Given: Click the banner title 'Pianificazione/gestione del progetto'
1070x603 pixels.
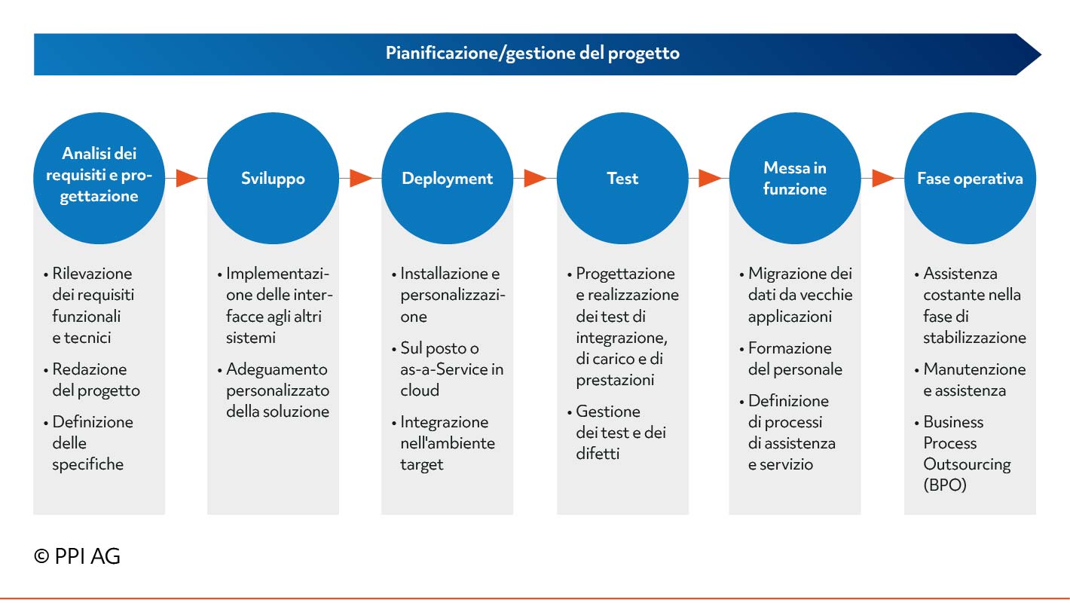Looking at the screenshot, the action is pos(532,53).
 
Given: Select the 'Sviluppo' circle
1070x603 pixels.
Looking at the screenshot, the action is pos(274,178).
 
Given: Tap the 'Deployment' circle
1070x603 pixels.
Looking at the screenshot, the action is pos(447,178).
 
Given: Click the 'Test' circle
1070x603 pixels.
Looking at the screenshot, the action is pos(622,178).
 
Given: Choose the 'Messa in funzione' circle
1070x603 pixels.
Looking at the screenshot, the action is pos(795,178).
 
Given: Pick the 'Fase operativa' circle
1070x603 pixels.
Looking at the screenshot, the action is pos(971,178).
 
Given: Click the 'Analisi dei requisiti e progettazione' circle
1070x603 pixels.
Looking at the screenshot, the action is pos(99,178).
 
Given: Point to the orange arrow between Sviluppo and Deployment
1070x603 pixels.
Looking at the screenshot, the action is pos(361,178).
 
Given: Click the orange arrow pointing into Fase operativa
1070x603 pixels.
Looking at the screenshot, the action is pos(883,178).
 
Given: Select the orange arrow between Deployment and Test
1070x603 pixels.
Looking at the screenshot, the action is pos(536,178).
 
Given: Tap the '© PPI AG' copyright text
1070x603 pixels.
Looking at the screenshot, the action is pos(77,556).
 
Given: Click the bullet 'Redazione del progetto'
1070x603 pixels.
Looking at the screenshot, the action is pos(92,380).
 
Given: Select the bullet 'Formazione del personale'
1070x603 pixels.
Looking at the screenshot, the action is pos(791,359).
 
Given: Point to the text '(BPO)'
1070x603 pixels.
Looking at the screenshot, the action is pos(945,485).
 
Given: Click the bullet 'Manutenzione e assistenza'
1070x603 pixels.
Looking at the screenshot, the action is pos(971,380).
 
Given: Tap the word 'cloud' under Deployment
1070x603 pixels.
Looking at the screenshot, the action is pos(420,390).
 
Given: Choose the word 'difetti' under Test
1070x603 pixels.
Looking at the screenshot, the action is pos(598,454).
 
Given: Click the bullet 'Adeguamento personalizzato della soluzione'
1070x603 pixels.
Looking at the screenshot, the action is pos(274,390).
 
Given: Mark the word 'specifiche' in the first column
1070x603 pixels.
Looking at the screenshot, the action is pos(88,464).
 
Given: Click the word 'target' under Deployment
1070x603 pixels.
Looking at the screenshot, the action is pos(422,465).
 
